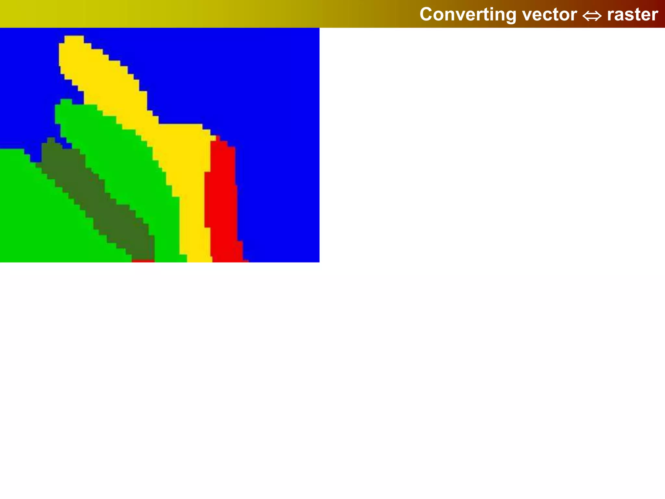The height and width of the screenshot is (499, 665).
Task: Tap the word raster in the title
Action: coord(632,14)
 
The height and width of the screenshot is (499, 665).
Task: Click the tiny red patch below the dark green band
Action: coord(143,261)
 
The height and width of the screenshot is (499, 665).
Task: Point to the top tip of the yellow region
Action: coord(74,38)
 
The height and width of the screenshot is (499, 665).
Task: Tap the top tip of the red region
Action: coord(218,138)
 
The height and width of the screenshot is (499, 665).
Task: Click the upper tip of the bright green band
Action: coord(66,101)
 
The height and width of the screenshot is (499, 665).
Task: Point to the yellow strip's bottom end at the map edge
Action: coord(200,259)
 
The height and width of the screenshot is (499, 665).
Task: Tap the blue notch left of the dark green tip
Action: coord(36,156)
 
